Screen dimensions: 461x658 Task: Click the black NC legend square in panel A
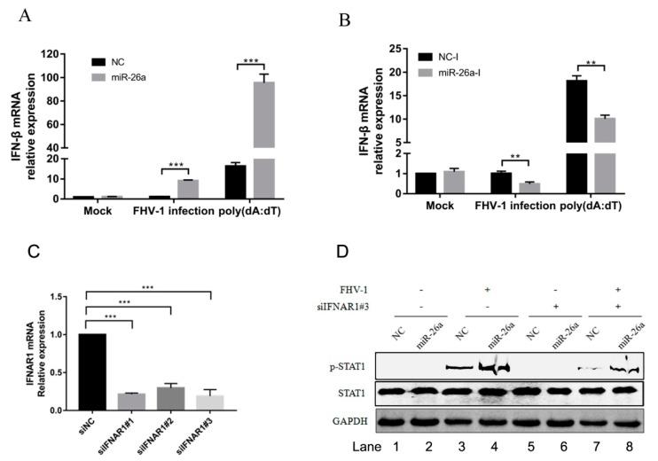pos(97,62)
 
